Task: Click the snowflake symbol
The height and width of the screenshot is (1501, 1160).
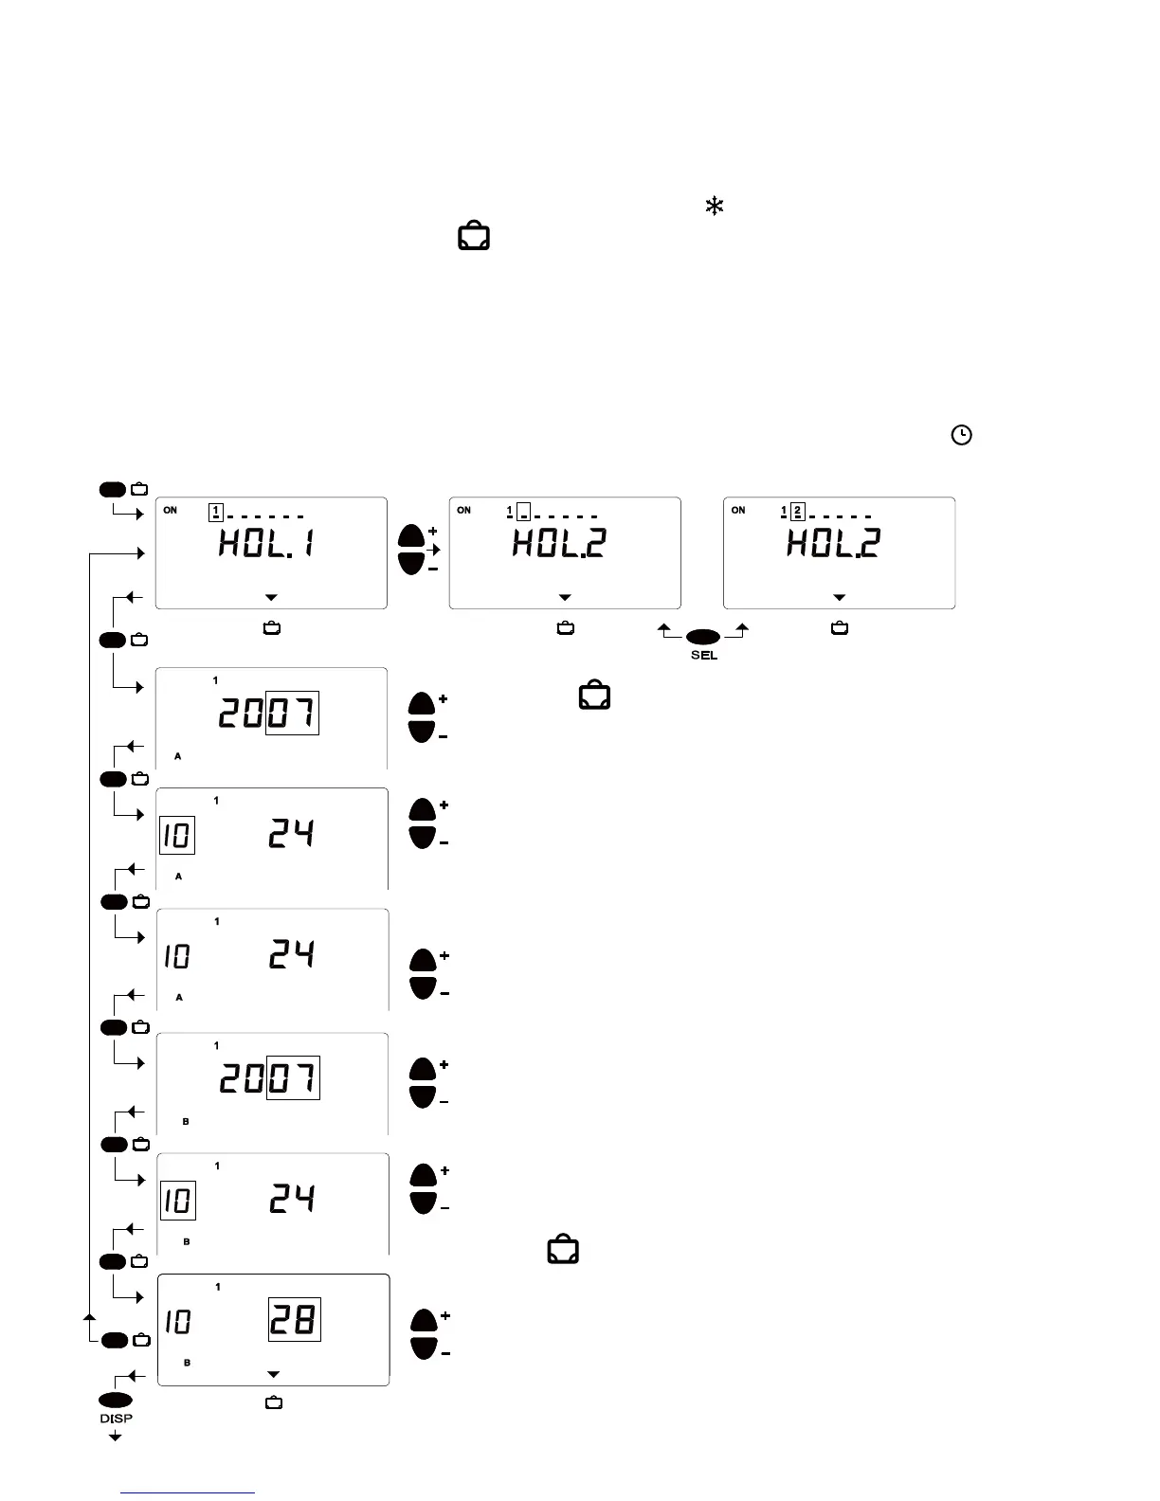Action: click(715, 206)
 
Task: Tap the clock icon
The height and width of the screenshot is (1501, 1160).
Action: click(961, 435)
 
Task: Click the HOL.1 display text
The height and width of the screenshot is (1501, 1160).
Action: click(267, 544)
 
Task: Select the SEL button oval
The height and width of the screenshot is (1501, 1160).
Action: click(703, 636)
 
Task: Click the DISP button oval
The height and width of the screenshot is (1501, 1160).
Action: click(116, 1401)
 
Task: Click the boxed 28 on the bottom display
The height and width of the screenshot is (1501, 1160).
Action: click(295, 1319)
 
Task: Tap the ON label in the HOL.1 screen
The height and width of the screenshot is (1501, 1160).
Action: click(170, 511)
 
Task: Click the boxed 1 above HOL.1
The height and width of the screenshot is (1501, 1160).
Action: click(215, 513)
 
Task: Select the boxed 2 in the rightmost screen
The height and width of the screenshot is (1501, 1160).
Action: click(797, 512)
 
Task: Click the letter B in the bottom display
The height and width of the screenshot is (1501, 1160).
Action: click(187, 1363)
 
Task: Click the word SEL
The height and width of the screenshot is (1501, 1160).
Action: click(704, 656)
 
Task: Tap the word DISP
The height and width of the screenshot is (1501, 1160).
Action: click(116, 1419)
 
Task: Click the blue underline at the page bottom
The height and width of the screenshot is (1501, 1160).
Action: click(188, 1492)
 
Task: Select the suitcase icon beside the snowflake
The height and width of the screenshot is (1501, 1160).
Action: click(474, 236)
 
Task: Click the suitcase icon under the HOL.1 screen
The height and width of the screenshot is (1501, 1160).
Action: click(271, 628)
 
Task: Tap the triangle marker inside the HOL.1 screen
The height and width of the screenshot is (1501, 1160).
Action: click(271, 598)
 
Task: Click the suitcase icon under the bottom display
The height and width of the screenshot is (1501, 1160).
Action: click(274, 1402)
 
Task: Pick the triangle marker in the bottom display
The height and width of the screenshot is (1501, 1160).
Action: click(273, 1375)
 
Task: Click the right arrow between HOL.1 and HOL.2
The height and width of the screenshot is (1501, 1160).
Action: click(433, 550)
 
